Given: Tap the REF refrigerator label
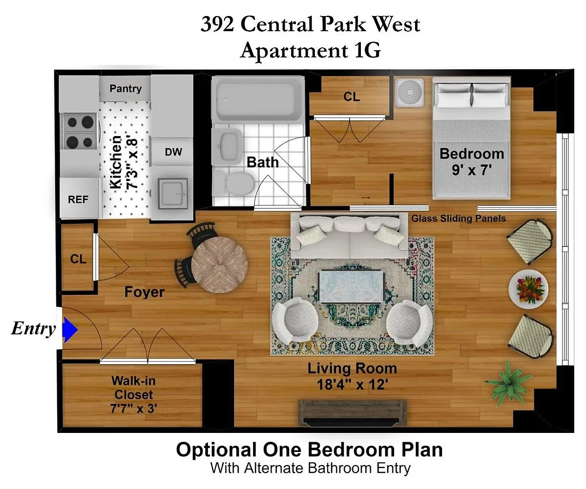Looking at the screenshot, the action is [x=78, y=199].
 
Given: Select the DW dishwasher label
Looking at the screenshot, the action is [x=173, y=152].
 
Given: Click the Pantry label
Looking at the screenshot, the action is [x=126, y=89].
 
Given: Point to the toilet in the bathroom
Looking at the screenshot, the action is [x=235, y=183].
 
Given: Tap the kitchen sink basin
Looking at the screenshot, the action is [x=173, y=194].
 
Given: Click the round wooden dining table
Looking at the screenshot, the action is [x=219, y=265].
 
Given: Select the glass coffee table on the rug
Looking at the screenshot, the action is [x=352, y=286].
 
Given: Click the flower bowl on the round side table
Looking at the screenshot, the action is [x=528, y=289].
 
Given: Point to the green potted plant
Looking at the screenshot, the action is [x=509, y=383].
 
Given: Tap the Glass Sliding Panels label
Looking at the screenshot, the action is [x=459, y=218].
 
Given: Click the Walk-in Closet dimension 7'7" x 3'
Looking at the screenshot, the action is [x=134, y=409].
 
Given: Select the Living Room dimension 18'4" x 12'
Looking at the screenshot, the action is [x=353, y=385].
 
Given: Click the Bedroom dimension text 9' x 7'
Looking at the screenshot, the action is [x=472, y=170].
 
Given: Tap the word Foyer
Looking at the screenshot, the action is [x=144, y=292].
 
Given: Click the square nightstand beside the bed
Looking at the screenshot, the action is [x=410, y=93].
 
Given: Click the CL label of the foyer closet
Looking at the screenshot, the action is [x=78, y=259].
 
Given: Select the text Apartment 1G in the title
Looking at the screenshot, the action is [x=311, y=50].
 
